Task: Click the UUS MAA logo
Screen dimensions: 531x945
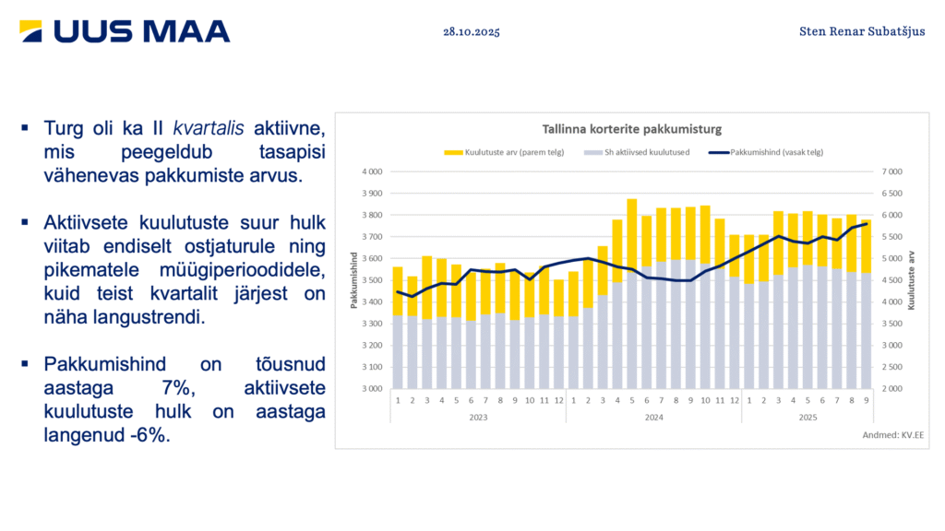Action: (125, 31)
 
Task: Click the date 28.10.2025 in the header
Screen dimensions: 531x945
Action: (471, 31)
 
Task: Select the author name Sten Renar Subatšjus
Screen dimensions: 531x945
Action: (862, 31)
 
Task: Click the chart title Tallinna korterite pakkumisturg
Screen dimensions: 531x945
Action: (630, 128)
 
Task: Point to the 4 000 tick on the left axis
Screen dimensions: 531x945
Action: (371, 172)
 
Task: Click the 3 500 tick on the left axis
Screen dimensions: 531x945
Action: (371, 280)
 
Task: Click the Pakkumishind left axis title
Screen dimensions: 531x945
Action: (353, 280)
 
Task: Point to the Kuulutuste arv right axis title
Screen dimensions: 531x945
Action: (911, 280)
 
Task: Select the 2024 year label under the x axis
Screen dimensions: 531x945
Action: (653, 417)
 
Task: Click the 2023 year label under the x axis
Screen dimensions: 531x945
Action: (477, 417)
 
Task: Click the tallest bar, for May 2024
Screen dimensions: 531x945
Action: (632, 277)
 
